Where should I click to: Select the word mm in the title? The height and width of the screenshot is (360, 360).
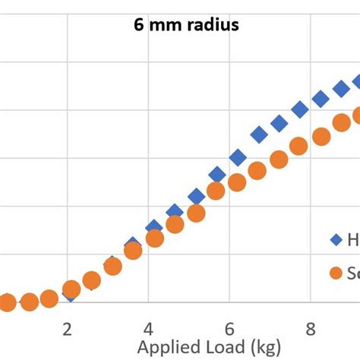pyautogui.click(x=164, y=25)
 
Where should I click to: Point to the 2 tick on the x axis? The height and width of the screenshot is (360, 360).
pyautogui.click(x=68, y=329)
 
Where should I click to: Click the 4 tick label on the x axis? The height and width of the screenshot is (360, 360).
pyautogui.click(x=149, y=329)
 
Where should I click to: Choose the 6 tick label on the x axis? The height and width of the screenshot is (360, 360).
pyautogui.click(x=229, y=329)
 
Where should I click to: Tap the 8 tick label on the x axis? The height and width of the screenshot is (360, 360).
pyautogui.click(x=310, y=329)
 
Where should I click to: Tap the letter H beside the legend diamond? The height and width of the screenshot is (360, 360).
pyautogui.click(x=353, y=240)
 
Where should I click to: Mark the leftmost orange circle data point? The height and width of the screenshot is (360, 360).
pyautogui.click(x=7, y=303)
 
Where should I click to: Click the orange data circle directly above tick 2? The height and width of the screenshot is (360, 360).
pyautogui.click(x=71, y=289)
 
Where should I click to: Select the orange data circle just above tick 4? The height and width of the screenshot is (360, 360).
pyautogui.click(x=155, y=238)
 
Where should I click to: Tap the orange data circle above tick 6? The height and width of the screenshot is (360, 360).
pyautogui.click(x=237, y=182)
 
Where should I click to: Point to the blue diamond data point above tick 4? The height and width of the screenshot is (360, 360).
pyautogui.click(x=153, y=227)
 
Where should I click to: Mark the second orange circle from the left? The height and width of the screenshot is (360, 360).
pyautogui.click(x=30, y=302)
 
